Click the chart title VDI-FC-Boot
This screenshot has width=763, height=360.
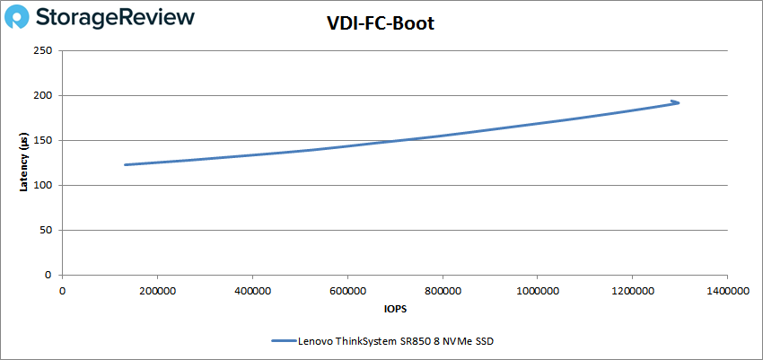pos(381,24)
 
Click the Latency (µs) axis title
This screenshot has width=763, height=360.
pos(25,162)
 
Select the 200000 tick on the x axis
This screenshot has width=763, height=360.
pos(157,291)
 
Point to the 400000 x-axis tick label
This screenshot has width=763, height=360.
pos(252,291)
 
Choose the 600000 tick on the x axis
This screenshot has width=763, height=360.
pos(347,291)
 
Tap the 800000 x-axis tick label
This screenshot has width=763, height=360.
pos(443,291)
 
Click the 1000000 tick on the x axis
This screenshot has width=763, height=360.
pos(537,291)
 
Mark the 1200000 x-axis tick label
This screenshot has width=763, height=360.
pos(632,291)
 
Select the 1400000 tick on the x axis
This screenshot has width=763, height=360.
pos(727,291)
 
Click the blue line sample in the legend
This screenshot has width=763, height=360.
pos(285,341)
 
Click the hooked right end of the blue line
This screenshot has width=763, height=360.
pos(676,102)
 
